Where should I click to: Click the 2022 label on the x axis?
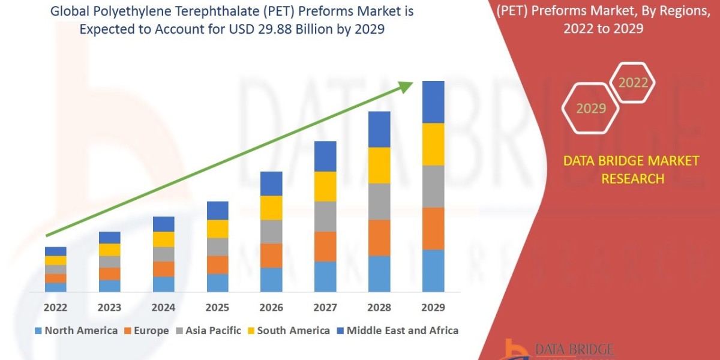click(55, 308)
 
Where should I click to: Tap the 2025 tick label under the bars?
click(217, 308)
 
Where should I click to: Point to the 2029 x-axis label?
click(433, 308)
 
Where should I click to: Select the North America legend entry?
click(76, 331)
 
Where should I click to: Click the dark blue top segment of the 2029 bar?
click(433, 102)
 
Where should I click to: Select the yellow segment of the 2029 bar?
click(433, 144)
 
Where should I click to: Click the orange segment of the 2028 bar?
click(379, 238)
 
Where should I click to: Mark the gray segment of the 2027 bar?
click(325, 217)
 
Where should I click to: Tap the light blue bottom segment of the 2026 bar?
click(271, 280)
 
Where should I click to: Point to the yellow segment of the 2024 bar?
click(163, 239)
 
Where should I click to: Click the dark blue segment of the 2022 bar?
click(55, 251)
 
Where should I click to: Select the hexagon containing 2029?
click(591, 108)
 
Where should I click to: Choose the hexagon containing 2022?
click(632, 83)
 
